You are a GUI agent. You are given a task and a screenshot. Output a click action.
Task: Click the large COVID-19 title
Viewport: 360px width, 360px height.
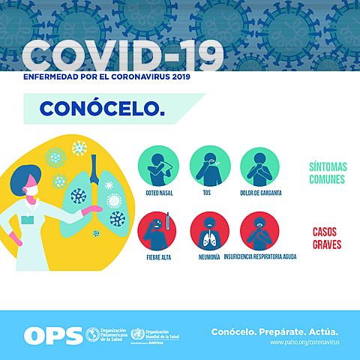(124, 55)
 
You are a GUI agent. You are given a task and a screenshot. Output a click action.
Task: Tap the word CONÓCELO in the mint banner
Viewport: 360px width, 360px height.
(101, 108)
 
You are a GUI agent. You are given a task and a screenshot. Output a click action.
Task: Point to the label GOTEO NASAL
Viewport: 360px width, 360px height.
(160, 193)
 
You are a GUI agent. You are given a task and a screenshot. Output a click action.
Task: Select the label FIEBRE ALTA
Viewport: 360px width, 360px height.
(158, 257)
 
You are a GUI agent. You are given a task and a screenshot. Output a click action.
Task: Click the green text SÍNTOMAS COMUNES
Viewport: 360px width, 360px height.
(327, 173)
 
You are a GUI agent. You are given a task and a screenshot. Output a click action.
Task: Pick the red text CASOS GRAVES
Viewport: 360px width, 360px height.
(327, 238)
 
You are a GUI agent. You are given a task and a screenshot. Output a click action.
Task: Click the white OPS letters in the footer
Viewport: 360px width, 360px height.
(52, 335)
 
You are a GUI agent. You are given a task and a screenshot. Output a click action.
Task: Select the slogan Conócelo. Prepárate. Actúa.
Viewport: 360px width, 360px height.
(274, 331)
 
